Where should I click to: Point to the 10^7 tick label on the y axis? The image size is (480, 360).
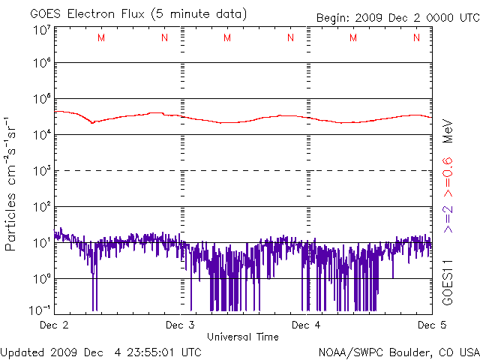tap(41, 31)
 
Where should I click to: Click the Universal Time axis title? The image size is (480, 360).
tap(242, 337)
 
